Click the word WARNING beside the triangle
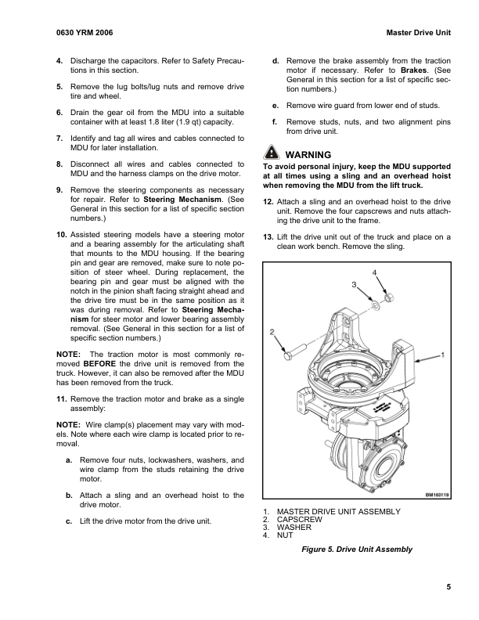pyautogui.click(x=309, y=154)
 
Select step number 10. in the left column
pyautogui.click(x=61, y=235)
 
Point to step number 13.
pyautogui.click(x=267, y=236)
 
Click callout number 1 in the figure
pyautogui.click(x=443, y=355)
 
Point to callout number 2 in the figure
pyautogui.click(x=272, y=331)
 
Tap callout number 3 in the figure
pyautogui.click(x=354, y=283)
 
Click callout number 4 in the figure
pyautogui.click(x=374, y=272)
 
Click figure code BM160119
pyautogui.click(x=439, y=495)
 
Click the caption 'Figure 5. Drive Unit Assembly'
pyautogui.click(x=357, y=549)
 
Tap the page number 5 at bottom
pyautogui.click(x=449, y=587)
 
